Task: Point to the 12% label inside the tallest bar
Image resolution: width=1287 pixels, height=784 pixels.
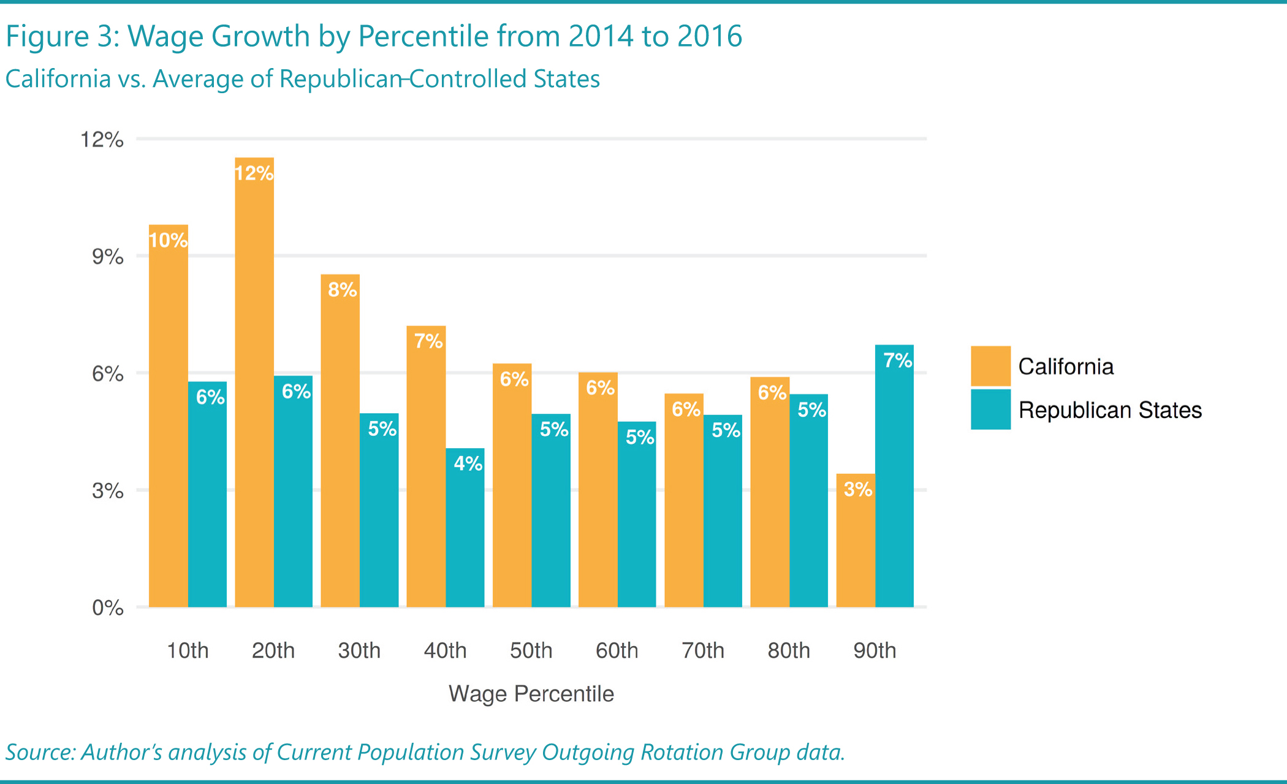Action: (254, 173)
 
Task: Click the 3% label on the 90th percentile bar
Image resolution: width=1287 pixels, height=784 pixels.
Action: (857, 489)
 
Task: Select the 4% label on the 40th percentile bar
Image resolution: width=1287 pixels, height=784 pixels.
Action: (468, 463)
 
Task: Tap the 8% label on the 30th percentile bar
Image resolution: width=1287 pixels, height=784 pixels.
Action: (342, 289)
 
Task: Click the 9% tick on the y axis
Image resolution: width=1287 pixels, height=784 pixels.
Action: (108, 257)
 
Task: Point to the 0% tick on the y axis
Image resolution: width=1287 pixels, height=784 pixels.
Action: (108, 608)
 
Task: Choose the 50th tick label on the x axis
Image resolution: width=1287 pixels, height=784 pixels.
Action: (531, 650)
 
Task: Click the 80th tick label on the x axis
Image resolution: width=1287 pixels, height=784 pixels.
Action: (789, 650)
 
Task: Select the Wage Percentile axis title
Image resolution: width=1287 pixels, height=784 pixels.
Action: (531, 694)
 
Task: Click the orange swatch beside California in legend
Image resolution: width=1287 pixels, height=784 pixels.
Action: (990, 366)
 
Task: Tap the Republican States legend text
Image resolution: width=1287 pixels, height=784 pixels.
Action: (1110, 410)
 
